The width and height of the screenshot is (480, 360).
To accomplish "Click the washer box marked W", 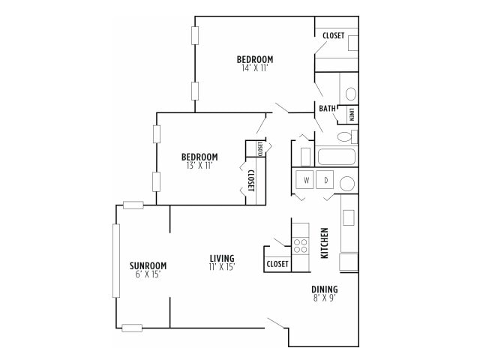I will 306,181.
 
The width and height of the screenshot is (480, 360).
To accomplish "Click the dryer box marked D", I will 326,181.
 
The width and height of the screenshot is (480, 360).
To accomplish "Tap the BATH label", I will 327,109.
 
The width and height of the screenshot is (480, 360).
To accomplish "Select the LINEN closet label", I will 351,114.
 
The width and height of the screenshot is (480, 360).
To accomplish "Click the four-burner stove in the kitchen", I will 300,244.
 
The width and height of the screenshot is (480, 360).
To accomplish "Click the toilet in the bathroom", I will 346,137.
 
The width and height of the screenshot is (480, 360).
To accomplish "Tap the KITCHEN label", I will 325,243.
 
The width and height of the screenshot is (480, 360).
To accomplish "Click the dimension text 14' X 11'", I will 255,68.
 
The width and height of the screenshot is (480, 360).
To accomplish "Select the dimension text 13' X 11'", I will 199,166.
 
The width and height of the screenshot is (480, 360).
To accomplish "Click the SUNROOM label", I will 148,265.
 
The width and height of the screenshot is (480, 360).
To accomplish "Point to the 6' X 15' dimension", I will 148,274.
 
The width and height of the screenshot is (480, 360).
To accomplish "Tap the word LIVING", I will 222,258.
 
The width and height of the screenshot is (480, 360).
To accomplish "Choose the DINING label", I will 325,289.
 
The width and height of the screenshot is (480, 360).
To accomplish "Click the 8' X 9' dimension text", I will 325,298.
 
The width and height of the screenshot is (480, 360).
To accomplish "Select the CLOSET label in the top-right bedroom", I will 333,35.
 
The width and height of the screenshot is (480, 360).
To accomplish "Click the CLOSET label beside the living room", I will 277,264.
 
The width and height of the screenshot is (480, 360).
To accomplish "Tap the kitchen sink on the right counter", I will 349,217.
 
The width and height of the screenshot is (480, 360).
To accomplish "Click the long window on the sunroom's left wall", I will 115,260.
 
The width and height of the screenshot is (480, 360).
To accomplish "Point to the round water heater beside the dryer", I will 347,183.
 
